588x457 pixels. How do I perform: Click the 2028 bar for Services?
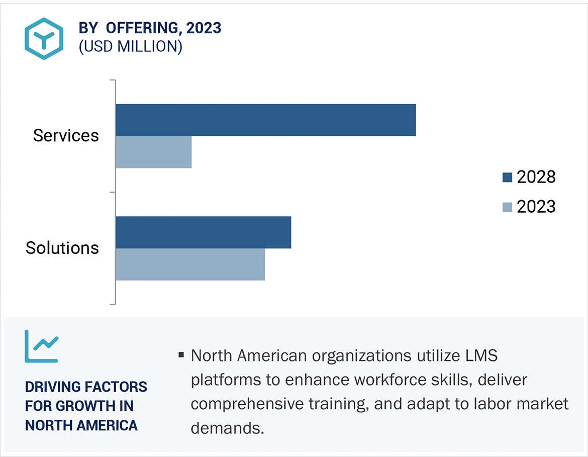[x=265, y=120]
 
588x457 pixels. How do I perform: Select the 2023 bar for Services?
[x=153, y=152]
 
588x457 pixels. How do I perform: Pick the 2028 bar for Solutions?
[x=203, y=232]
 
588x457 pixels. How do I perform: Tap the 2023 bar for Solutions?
[x=190, y=264]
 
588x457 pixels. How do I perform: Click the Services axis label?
[x=66, y=135]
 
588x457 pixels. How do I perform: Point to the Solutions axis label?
[x=62, y=248]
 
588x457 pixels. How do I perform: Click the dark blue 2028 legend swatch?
[x=507, y=177]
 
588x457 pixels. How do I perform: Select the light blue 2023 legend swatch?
[x=507, y=207]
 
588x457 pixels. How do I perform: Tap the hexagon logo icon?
[x=44, y=39]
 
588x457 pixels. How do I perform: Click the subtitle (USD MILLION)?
[x=130, y=46]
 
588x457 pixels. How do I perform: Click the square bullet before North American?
[x=181, y=356]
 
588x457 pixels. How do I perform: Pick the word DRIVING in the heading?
[x=52, y=387]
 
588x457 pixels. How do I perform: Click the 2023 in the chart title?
[x=204, y=28]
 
